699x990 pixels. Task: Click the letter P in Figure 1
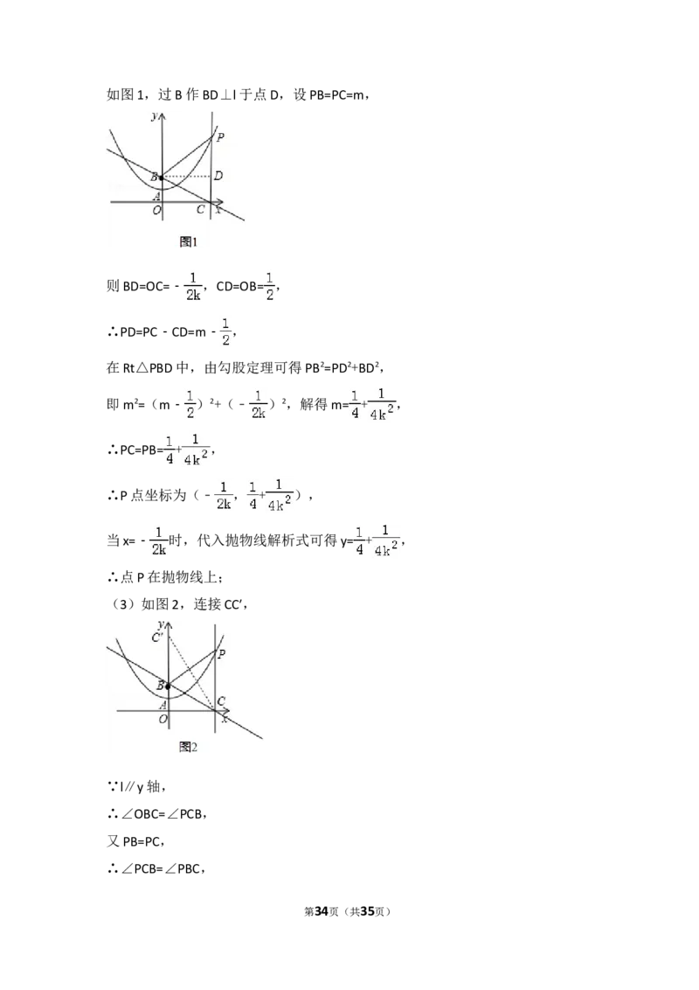pos(220,137)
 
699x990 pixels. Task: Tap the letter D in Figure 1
pos(218,177)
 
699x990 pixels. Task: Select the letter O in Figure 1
pos(156,210)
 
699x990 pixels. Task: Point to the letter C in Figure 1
pos(200,210)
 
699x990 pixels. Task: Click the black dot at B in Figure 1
pos(161,178)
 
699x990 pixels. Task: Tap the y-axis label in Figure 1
pos(154,115)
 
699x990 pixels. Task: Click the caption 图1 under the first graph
pos(189,241)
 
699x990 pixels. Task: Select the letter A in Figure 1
pos(156,196)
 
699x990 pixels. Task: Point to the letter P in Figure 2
pos(221,654)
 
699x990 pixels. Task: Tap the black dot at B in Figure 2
pos(167,687)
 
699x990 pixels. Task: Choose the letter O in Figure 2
pos(163,719)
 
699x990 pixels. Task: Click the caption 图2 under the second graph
pos(188,747)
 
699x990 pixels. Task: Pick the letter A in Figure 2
pos(163,705)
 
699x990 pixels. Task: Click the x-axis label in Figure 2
pos(225,719)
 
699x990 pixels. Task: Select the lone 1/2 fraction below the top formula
pos(226,332)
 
